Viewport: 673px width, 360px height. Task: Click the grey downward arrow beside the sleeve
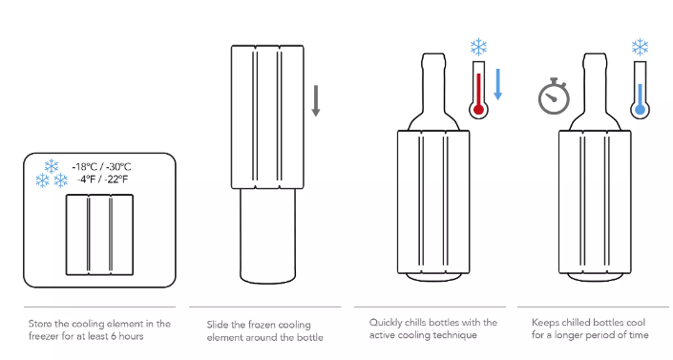315,101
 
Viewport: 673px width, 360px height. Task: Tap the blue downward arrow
498,84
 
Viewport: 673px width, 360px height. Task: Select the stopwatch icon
554,96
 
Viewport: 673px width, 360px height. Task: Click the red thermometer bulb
478,110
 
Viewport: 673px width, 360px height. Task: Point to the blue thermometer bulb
640,109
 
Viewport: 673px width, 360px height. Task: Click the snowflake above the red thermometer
478,47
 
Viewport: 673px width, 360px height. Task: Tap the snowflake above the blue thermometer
640,47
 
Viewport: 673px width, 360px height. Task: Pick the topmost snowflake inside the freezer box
52,166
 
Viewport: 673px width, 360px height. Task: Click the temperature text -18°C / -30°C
102,167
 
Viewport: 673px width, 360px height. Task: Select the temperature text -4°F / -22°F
102,180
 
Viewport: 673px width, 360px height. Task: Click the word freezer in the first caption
44,336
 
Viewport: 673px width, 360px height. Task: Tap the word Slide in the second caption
218,325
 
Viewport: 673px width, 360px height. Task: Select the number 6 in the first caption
114,336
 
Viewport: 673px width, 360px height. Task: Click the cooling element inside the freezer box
99,235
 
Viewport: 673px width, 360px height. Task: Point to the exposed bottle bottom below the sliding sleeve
267,236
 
